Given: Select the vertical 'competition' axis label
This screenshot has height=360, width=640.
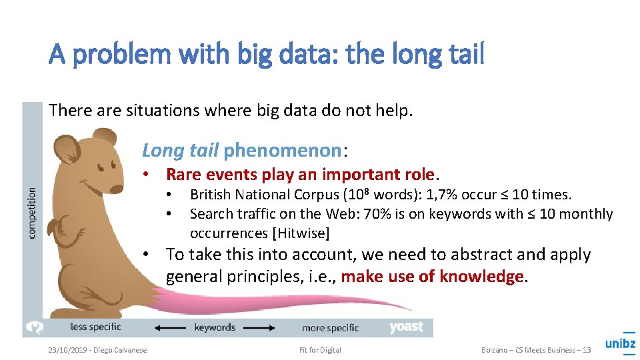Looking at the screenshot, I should (32, 212).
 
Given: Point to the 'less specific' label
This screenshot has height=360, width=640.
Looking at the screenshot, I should (95, 327).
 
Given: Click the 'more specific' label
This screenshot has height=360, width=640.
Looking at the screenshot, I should (330, 327).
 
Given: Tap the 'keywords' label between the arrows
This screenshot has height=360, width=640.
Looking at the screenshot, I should (215, 327).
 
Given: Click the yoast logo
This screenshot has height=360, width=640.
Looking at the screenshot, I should (406, 327).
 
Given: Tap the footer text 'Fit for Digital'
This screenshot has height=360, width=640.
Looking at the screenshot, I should (320, 350).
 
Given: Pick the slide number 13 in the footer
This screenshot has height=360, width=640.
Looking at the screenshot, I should (586, 350).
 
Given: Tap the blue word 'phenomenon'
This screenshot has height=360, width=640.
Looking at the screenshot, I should (282, 151).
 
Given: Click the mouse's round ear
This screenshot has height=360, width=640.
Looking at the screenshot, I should (66, 149).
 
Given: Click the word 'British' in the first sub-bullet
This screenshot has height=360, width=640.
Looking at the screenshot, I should (210, 195).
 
